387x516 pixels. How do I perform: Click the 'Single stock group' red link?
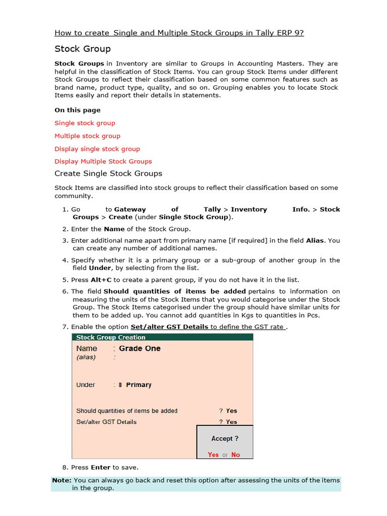[85, 123]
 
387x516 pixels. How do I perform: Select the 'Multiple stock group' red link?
[87, 136]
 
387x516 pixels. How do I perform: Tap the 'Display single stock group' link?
[97, 149]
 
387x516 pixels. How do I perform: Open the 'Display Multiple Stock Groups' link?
[103, 162]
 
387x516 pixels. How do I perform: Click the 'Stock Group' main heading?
[82, 49]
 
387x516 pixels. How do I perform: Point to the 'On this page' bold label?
[77, 110]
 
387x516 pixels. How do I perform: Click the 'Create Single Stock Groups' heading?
[108, 173]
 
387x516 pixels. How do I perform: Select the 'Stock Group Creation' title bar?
[111, 338]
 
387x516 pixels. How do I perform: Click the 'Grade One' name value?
[140, 349]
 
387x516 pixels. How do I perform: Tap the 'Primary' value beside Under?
[139, 385]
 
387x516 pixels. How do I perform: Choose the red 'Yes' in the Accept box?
[213, 455]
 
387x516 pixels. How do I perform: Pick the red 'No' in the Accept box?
[235, 455]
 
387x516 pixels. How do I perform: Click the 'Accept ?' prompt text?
[225, 439]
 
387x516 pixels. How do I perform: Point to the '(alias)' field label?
[86, 357]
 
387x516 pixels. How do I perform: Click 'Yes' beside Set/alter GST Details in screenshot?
[231, 422]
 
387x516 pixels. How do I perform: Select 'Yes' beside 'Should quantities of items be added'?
[231, 411]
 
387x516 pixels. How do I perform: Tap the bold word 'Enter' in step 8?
[100, 468]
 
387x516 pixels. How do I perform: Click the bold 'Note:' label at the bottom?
[61, 481]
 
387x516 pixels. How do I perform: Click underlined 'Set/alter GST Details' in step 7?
[169, 327]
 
